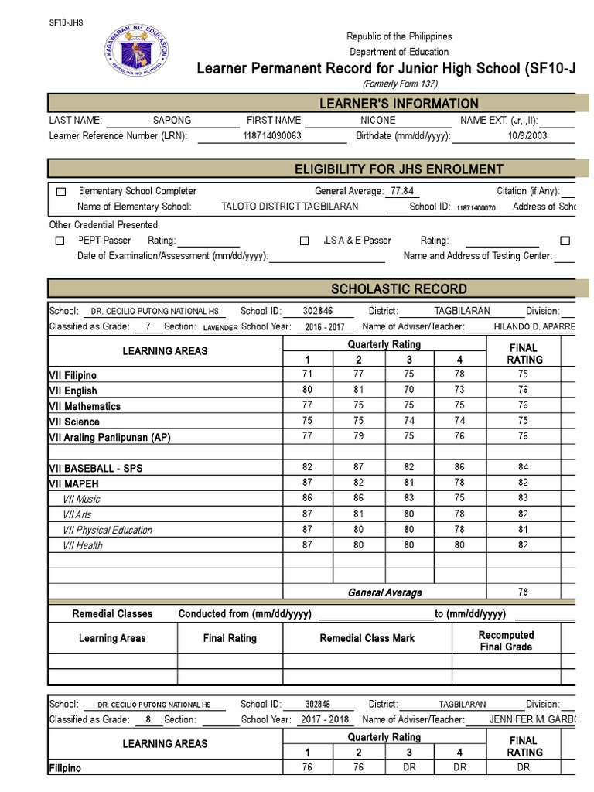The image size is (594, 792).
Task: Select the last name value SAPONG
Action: tap(172, 121)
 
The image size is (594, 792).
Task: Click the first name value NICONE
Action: tap(377, 121)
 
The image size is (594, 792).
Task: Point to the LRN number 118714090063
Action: tap(271, 136)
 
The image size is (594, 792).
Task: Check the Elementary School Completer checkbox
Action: tap(60, 192)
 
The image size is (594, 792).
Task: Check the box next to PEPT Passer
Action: tap(60, 241)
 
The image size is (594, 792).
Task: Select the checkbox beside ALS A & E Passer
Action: tap(305, 241)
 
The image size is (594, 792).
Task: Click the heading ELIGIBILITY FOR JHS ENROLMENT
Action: tap(399, 169)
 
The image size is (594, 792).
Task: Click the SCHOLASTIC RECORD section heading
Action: tap(399, 289)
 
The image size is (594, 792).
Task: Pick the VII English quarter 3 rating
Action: tap(409, 390)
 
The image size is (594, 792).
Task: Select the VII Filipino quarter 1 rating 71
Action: tap(308, 374)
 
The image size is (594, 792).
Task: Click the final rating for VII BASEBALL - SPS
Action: tap(524, 467)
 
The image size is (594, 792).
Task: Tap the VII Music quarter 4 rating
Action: tap(460, 499)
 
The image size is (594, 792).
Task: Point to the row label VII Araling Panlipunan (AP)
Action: tap(110, 437)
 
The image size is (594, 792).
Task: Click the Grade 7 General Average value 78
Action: tap(524, 592)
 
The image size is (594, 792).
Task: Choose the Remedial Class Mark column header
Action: tap(367, 639)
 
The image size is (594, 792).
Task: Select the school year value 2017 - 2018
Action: tap(326, 719)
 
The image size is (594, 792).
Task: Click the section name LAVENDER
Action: tap(220, 328)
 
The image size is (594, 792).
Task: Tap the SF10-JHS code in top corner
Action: tap(66, 22)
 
